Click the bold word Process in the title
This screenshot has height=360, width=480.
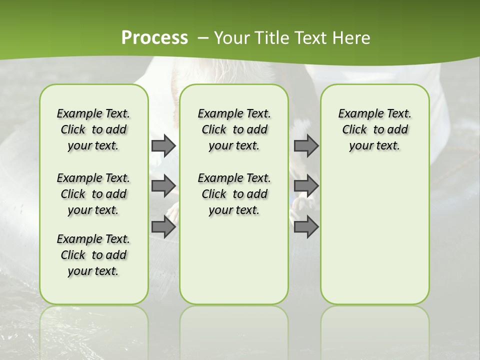coord(154,38)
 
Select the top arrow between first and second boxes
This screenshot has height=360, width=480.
coord(163,146)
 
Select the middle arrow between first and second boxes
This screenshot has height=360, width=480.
coord(163,186)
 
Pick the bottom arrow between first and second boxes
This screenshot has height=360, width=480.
coord(163,227)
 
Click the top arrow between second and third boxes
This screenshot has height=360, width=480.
coord(306,146)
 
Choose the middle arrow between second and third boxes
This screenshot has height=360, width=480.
coord(306,186)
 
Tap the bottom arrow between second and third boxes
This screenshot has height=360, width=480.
coord(306,227)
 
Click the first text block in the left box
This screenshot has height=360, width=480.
coord(93,129)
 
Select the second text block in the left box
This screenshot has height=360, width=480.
coord(93,194)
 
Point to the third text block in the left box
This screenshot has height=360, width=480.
coord(93,255)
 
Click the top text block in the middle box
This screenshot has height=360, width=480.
coord(234,129)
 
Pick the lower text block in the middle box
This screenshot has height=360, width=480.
coord(234,194)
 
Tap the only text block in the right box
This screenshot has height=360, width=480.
coord(374,129)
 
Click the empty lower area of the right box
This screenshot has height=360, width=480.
coord(374,235)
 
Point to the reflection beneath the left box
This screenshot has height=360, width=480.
coord(94,325)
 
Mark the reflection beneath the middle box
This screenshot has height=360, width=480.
coord(234,325)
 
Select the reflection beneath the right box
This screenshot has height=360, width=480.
coord(374,325)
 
